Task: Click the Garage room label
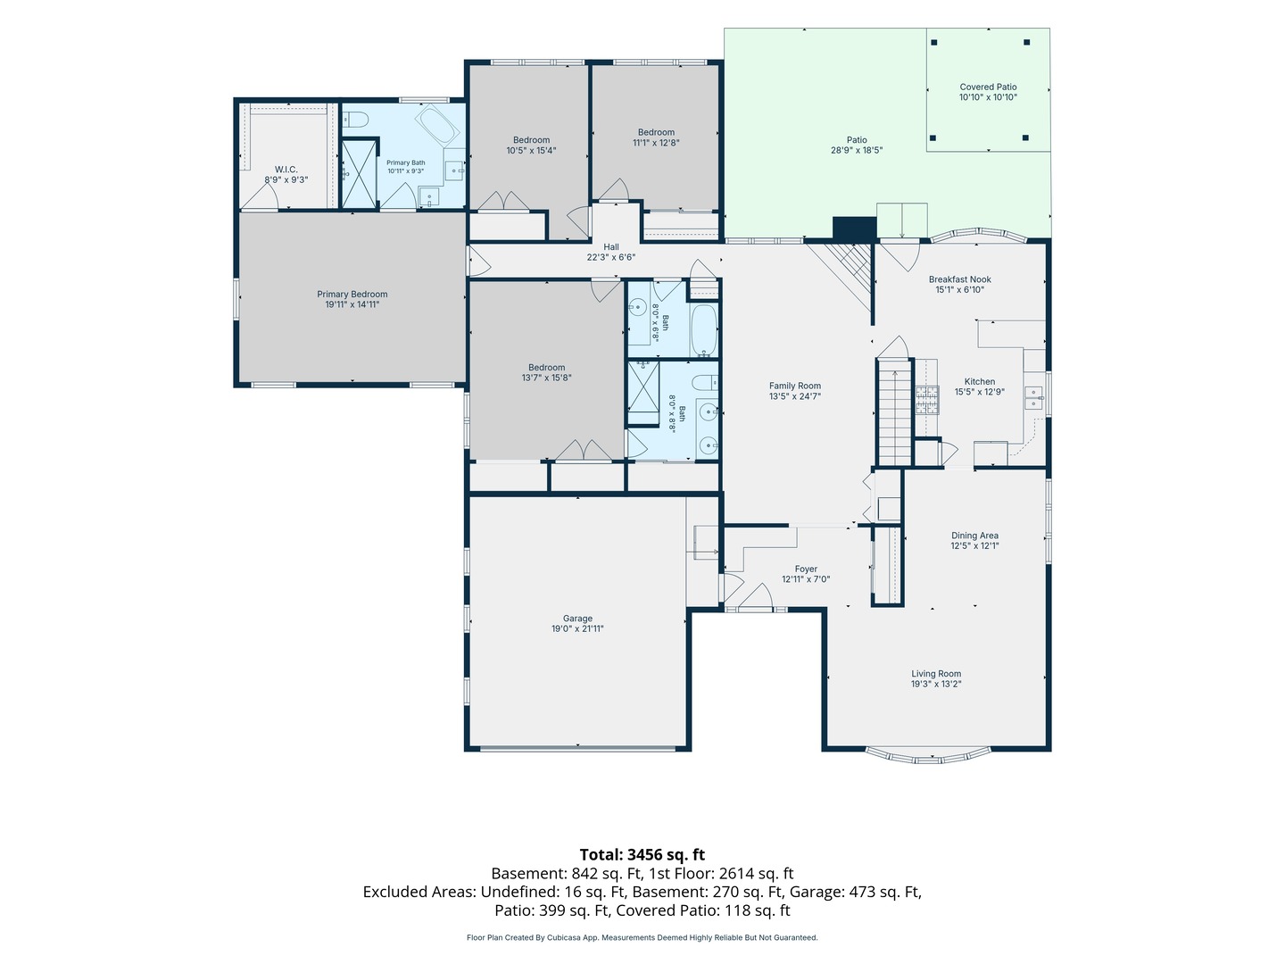(577, 618)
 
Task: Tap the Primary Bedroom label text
(352, 294)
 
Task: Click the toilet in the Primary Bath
(354, 120)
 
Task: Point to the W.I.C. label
(286, 170)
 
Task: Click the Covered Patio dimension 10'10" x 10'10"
(988, 97)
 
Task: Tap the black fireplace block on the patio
(854, 229)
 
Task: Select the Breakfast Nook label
(959, 279)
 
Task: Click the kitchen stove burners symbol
(927, 400)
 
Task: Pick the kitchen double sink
(1034, 397)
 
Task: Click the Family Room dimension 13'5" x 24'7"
(794, 395)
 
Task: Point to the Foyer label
(806, 569)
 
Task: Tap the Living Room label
(935, 674)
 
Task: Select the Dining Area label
(974, 536)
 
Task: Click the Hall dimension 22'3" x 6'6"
(610, 257)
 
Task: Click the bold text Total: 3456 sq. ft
(642, 854)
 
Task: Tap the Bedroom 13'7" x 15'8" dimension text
(546, 378)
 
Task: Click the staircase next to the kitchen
(894, 412)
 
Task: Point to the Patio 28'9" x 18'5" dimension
(856, 150)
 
